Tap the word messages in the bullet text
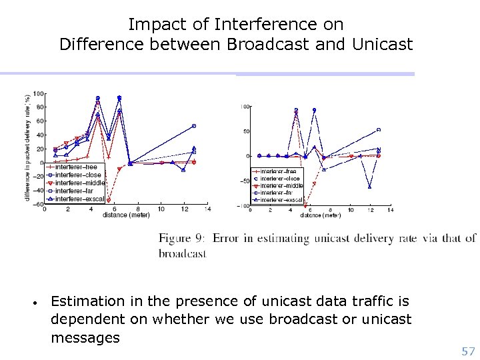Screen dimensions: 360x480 tap(85, 338)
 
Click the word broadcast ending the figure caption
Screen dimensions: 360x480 tap(183, 253)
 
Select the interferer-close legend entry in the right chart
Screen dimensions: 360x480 tap(279, 179)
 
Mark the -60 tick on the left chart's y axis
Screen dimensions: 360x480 tap(39, 204)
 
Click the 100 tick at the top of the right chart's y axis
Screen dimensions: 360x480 tap(245, 107)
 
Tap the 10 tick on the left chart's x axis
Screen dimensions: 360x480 tap(161, 209)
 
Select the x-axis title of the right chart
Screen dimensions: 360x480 tap(317, 216)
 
